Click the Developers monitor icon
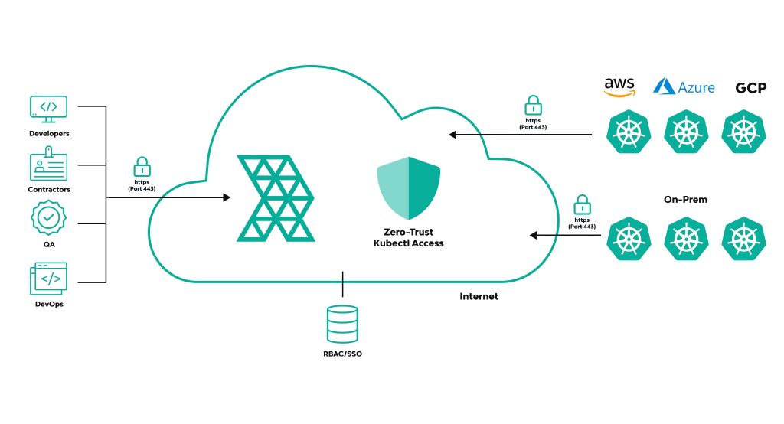pos(48,109)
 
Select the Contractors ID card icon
pos(48,167)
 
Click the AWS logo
pos(619,86)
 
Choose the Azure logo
pos(684,86)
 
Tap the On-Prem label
pos(685,199)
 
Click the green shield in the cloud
pos(407,189)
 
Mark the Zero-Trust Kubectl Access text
pos(407,238)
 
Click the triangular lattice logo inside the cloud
pos(276,197)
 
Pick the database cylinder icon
pos(342,323)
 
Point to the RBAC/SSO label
pos(342,354)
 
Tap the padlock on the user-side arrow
pos(142,166)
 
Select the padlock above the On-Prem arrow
pos(584,205)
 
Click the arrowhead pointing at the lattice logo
pos(226,197)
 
